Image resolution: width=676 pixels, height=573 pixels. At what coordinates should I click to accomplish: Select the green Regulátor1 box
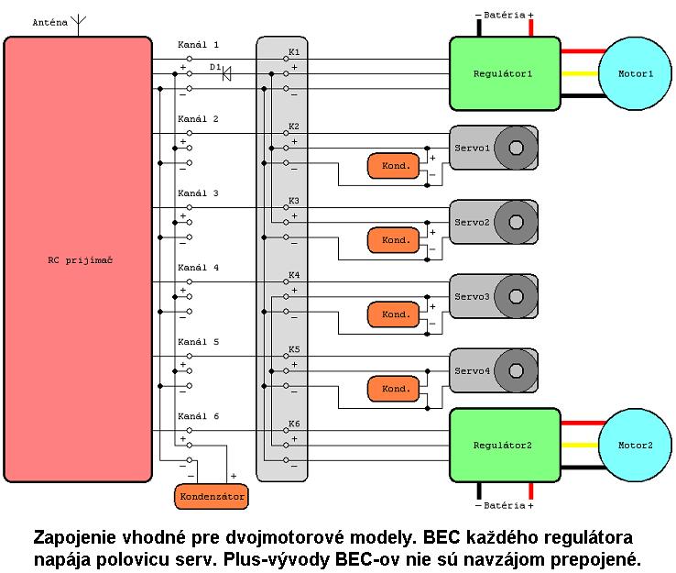pyautogui.click(x=504, y=73)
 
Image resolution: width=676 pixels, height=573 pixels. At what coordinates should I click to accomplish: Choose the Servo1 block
pyautogui.click(x=493, y=148)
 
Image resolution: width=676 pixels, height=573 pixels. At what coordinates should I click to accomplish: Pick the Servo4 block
pyautogui.click(x=493, y=371)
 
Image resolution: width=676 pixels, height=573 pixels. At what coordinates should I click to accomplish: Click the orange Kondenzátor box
pyautogui.click(x=212, y=496)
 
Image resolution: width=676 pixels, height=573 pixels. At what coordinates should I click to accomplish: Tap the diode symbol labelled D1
pyautogui.click(x=225, y=74)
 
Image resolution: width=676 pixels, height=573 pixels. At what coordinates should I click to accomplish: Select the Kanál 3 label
pyautogui.click(x=198, y=193)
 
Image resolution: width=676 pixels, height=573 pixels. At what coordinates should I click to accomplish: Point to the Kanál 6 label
pyautogui.click(x=198, y=416)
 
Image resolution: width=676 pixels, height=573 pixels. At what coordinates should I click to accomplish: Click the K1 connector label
pyautogui.click(x=293, y=51)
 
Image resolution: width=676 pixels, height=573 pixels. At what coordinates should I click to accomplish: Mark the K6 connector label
pyautogui.click(x=293, y=424)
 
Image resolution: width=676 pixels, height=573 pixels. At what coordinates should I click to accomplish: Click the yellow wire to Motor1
pyautogui.click(x=579, y=73)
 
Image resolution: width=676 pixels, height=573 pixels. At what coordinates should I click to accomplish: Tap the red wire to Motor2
pyautogui.click(x=579, y=423)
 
